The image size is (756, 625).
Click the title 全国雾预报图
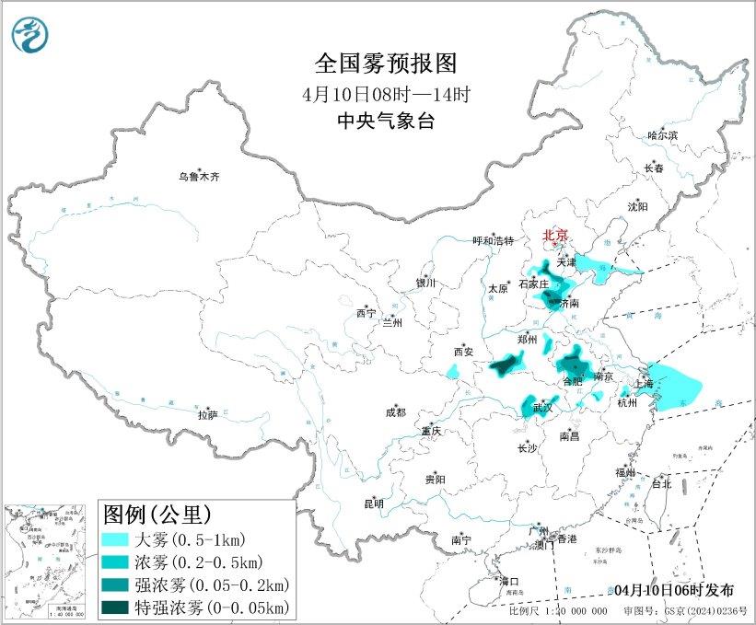click(x=386, y=64)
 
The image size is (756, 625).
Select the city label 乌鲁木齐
click(x=200, y=177)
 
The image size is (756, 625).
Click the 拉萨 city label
click(x=207, y=415)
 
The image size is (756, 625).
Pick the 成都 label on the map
click(x=395, y=412)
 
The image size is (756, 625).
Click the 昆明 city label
click(x=373, y=503)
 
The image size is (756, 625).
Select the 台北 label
click(x=661, y=483)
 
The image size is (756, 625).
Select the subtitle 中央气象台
click(x=386, y=121)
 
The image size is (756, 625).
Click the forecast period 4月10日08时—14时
click(x=386, y=94)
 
